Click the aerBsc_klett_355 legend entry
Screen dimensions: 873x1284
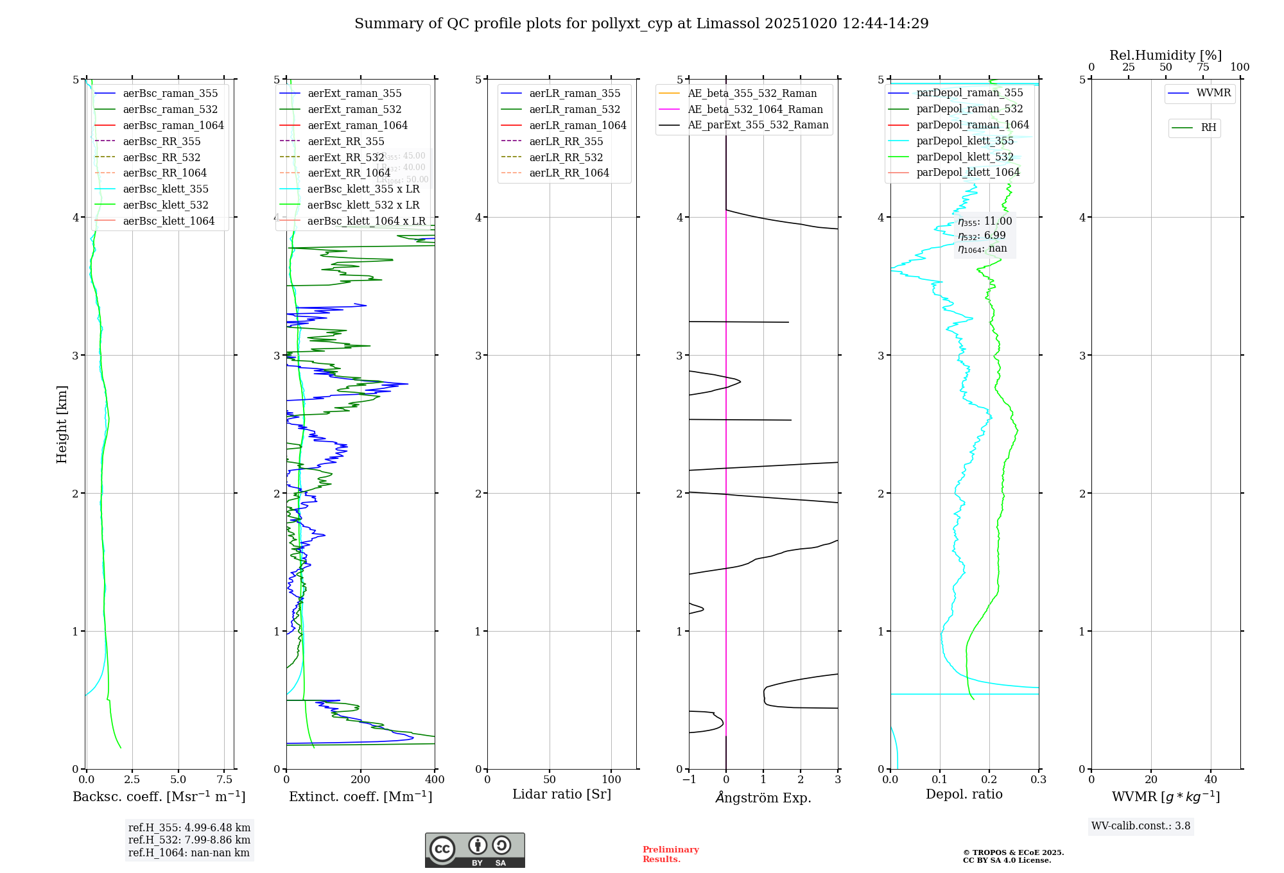[x=166, y=189]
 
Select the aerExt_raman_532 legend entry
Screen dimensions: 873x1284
[x=354, y=110]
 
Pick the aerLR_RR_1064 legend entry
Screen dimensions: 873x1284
[x=569, y=173]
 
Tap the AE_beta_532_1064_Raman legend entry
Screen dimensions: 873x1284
[x=755, y=110]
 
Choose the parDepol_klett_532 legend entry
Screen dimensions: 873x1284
[x=964, y=157]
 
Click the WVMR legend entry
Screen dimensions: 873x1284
[x=1213, y=94]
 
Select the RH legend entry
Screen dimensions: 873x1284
[x=1208, y=128]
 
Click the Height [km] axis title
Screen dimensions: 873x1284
[x=62, y=424]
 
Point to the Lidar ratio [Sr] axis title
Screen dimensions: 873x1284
[x=562, y=795]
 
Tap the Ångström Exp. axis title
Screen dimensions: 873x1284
[x=763, y=798]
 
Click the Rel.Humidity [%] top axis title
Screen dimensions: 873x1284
[x=1165, y=55]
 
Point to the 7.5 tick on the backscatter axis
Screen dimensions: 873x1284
[x=224, y=780]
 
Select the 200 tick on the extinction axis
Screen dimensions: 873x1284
[x=361, y=780]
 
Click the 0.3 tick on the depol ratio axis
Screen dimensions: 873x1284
[x=1038, y=780]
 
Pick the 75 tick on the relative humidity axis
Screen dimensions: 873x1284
[x=1202, y=67]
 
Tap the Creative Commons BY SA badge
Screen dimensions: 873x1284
[x=474, y=851]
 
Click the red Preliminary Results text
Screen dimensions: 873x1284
[x=670, y=854]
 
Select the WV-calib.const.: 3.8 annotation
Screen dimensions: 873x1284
[x=1141, y=826]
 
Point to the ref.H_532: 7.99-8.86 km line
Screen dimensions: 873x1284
[x=189, y=840]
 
